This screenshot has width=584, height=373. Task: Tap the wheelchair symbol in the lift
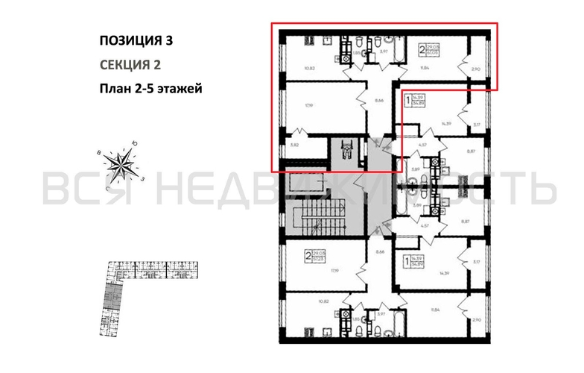click(x=345, y=149)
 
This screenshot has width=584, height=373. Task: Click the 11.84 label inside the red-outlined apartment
click(x=425, y=68)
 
